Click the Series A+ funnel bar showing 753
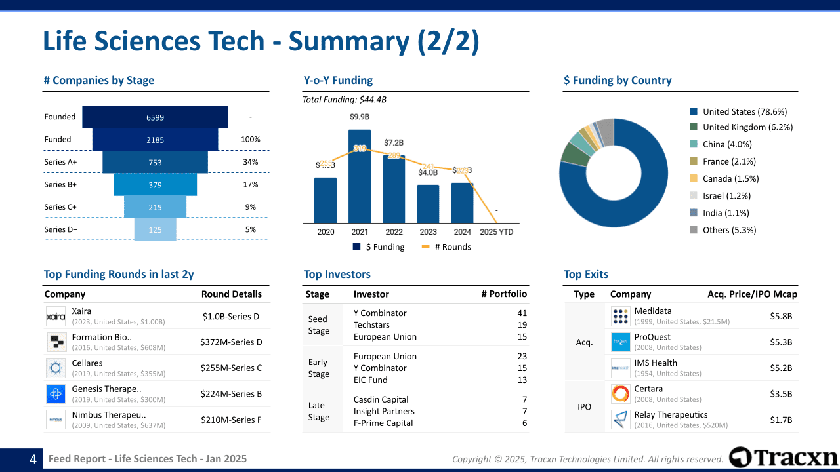pyautogui.click(x=155, y=162)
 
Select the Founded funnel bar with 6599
pyautogui.click(x=155, y=117)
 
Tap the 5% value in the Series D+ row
pyautogui.click(x=250, y=229)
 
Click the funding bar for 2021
pyautogui.click(x=360, y=176)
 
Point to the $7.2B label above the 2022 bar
pyautogui.click(x=394, y=142)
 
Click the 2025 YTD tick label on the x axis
pyautogui.click(x=496, y=232)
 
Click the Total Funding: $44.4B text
pyautogui.click(x=345, y=100)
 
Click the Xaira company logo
pyautogui.click(x=56, y=316)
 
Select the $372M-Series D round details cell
pyautogui.click(x=231, y=342)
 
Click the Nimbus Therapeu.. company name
pyautogui.click(x=109, y=414)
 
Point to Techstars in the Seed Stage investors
pyautogui.click(x=371, y=324)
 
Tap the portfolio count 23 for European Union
pyautogui.click(x=522, y=356)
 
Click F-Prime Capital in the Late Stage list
pyautogui.click(x=383, y=423)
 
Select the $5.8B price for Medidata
pyautogui.click(x=781, y=316)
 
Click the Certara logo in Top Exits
pyautogui.click(x=620, y=393)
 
